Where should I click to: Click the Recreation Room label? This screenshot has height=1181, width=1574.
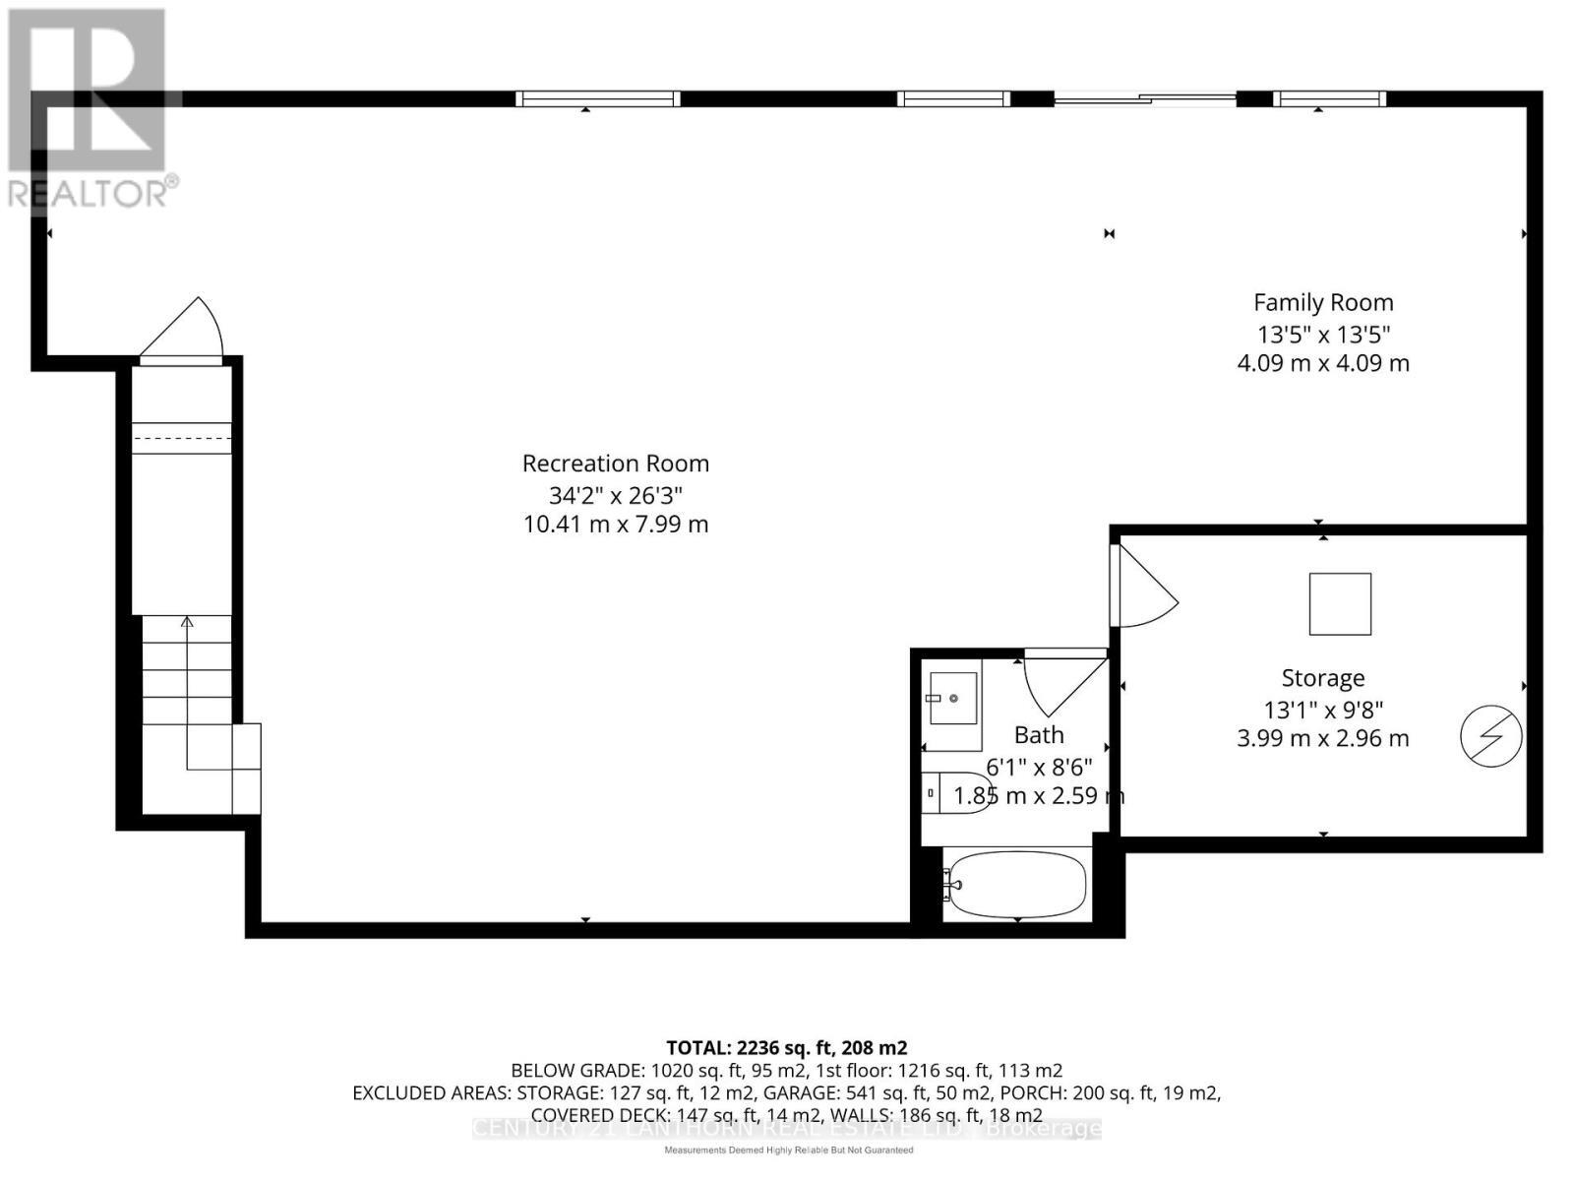[615, 463]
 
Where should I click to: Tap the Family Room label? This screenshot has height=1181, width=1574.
[1323, 302]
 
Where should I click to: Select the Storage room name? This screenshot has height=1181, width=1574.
[1323, 678]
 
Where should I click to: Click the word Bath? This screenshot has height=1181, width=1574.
[1039, 735]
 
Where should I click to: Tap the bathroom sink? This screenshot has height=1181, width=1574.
[952, 699]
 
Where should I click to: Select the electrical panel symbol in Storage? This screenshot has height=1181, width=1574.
[1491, 736]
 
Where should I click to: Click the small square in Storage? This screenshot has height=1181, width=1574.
[1340, 604]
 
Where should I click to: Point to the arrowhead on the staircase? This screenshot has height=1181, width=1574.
[187, 621]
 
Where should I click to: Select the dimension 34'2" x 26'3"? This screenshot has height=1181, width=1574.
[615, 494]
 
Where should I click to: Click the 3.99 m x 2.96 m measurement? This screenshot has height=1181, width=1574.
[1323, 738]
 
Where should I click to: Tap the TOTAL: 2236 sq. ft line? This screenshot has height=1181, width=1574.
[786, 1048]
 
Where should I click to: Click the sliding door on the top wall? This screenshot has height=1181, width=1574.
[1145, 98]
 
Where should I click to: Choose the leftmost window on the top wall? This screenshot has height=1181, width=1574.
[598, 98]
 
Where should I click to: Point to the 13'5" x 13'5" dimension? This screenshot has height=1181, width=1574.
[1323, 334]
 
